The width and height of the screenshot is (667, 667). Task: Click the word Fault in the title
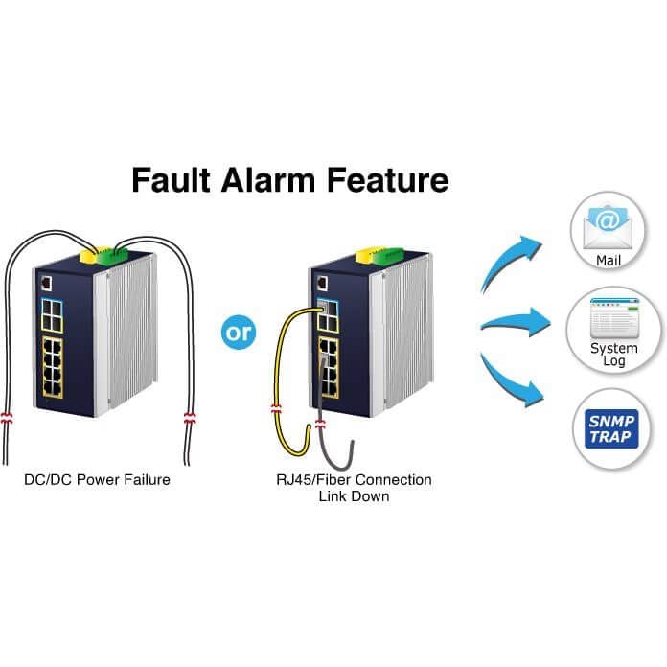coord(171,180)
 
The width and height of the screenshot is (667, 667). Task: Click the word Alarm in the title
coord(268,180)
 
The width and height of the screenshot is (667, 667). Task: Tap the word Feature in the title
coord(387,180)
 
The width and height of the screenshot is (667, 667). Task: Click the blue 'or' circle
coord(239,333)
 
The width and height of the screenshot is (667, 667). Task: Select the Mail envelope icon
coord(608,227)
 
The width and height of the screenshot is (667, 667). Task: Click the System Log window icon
coord(614,318)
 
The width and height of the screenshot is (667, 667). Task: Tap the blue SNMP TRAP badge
coord(611,428)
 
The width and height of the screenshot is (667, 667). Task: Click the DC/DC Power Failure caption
coord(97,480)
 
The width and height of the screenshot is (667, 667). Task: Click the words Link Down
coord(354,496)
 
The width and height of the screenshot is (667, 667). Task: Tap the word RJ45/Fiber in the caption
coord(313,480)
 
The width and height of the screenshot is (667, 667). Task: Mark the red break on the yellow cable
coord(276,410)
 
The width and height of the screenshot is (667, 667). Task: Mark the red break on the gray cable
coord(320,424)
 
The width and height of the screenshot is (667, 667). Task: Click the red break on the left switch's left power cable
coord(7,418)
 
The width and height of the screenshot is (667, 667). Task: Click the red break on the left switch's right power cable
coord(190,418)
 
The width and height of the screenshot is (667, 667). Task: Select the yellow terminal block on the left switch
coord(88,256)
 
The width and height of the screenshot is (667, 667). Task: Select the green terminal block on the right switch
coord(389,256)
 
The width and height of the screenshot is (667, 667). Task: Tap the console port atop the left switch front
coord(46,284)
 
